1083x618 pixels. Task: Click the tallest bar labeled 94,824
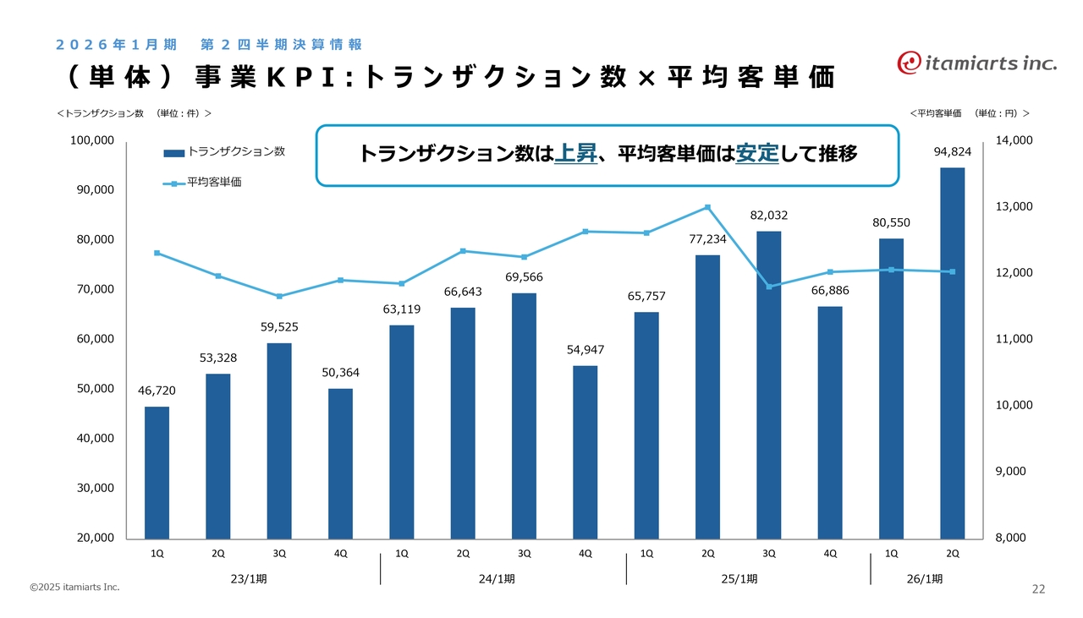(x=952, y=353)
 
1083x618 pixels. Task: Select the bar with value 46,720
(x=157, y=473)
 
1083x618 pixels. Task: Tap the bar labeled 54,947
(x=585, y=451)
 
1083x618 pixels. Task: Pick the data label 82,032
(x=768, y=216)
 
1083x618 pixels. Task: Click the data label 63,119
(x=402, y=309)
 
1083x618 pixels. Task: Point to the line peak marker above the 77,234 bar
(x=707, y=207)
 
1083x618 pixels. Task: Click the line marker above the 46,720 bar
(x=157, y=253)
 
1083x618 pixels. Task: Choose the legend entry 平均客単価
(x=214, y=182)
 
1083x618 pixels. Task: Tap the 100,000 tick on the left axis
(x=92, y=140)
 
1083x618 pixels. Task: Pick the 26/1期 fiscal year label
(x=924, y=579)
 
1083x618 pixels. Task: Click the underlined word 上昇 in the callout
(x=576, y=154)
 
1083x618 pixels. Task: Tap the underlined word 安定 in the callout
(x=757, y=154)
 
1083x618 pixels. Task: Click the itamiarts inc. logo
(x=977, y=62)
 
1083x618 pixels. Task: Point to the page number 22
(x=1038, y=589)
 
